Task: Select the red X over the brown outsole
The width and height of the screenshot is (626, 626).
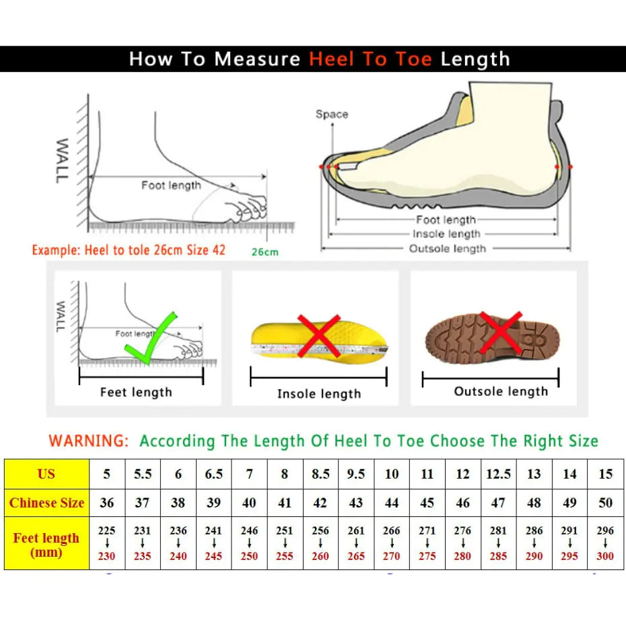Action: click(x=501, y=331)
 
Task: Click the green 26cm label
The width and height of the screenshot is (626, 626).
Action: click(x=265, y=252)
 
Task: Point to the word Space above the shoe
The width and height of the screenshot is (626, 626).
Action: click(x=332, y=114)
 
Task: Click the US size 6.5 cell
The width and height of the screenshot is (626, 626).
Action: click(x=213, y=474)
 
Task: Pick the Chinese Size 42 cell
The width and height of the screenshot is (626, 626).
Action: click(x=320, y=503)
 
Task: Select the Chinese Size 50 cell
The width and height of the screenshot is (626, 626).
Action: click(x=605, y=503)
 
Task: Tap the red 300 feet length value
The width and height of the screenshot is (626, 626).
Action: click(x=605, y=557)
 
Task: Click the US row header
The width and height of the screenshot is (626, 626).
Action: click(x=46, y=474)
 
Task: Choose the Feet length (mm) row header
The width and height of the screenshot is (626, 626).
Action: click(x=46, y=545)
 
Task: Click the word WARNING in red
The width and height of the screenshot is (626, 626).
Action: click(x=88, y=442)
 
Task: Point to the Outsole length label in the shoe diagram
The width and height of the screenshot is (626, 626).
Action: click(x=447, y=249)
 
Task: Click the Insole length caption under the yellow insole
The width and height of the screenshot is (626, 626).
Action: click(x=319, y=394)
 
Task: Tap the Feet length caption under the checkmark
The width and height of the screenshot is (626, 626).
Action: click(x=136, y=392)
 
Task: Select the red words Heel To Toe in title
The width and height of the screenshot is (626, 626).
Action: click(x=370, y=59)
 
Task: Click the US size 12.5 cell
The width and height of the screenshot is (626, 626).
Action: click(x=498, y=474)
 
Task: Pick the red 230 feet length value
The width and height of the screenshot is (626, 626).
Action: click(x=106, y=557)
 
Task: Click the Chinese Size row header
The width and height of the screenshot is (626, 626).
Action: click(x=46, y=503)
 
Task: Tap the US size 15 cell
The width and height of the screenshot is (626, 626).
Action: click(x=605, y=474)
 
